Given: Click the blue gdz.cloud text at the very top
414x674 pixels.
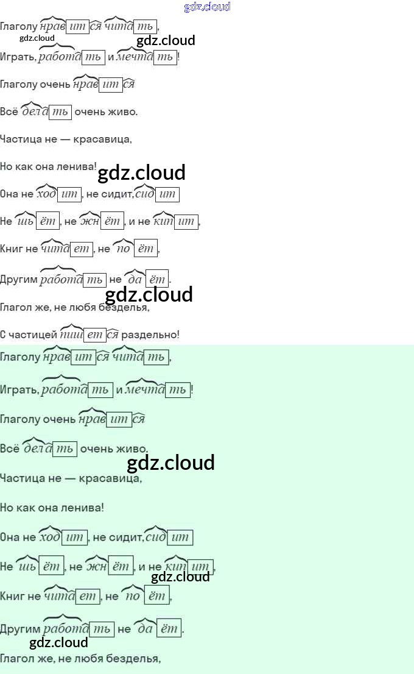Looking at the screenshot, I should (207, 7).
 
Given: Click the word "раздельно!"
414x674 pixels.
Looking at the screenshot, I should (150, 335).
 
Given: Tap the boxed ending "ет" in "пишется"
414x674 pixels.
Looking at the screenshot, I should (94, 335).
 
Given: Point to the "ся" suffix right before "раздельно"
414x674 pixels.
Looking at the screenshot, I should (112, 335).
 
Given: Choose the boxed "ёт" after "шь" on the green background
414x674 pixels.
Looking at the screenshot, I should (51, 567).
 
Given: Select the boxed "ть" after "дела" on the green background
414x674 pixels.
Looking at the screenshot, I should (65, 449).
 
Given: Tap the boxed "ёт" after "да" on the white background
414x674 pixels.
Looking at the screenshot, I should (157, 280).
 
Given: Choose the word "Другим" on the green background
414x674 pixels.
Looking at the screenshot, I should (20, 629).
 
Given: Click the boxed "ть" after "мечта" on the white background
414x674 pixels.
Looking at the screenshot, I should (164, 58).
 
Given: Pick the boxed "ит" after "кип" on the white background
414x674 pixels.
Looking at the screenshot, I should (186, 222).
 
